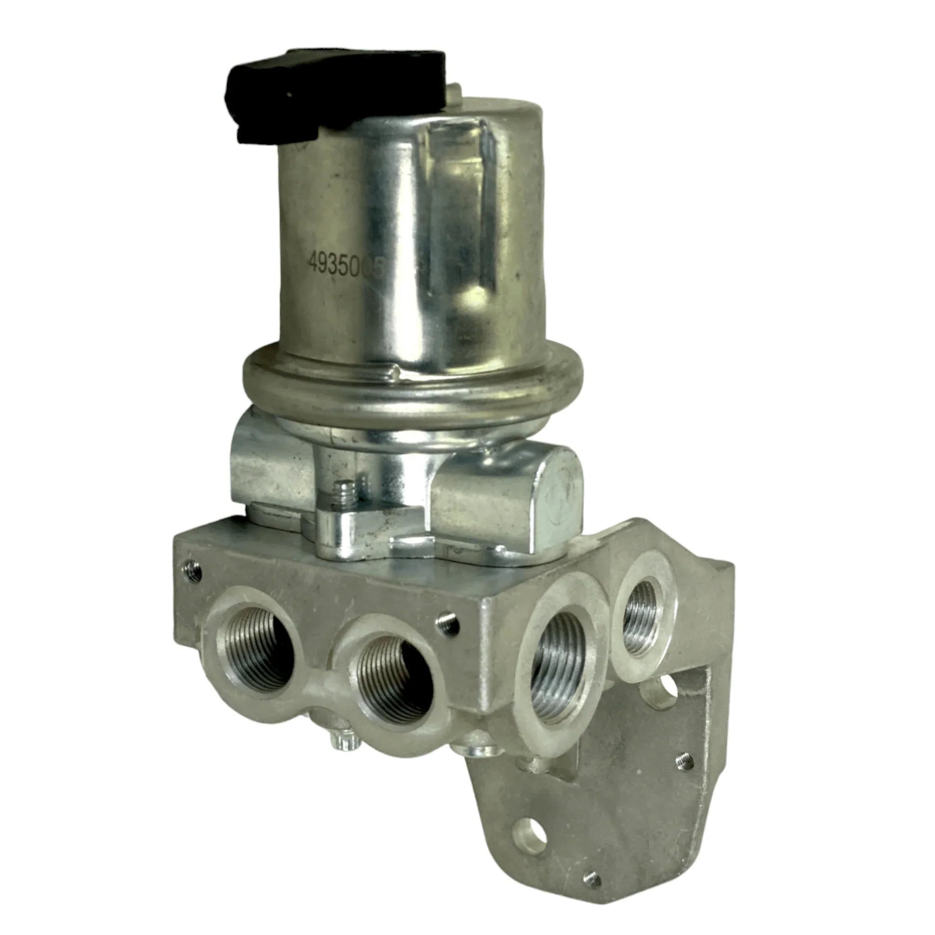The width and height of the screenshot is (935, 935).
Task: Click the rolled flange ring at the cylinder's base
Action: (x=397, y=382)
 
